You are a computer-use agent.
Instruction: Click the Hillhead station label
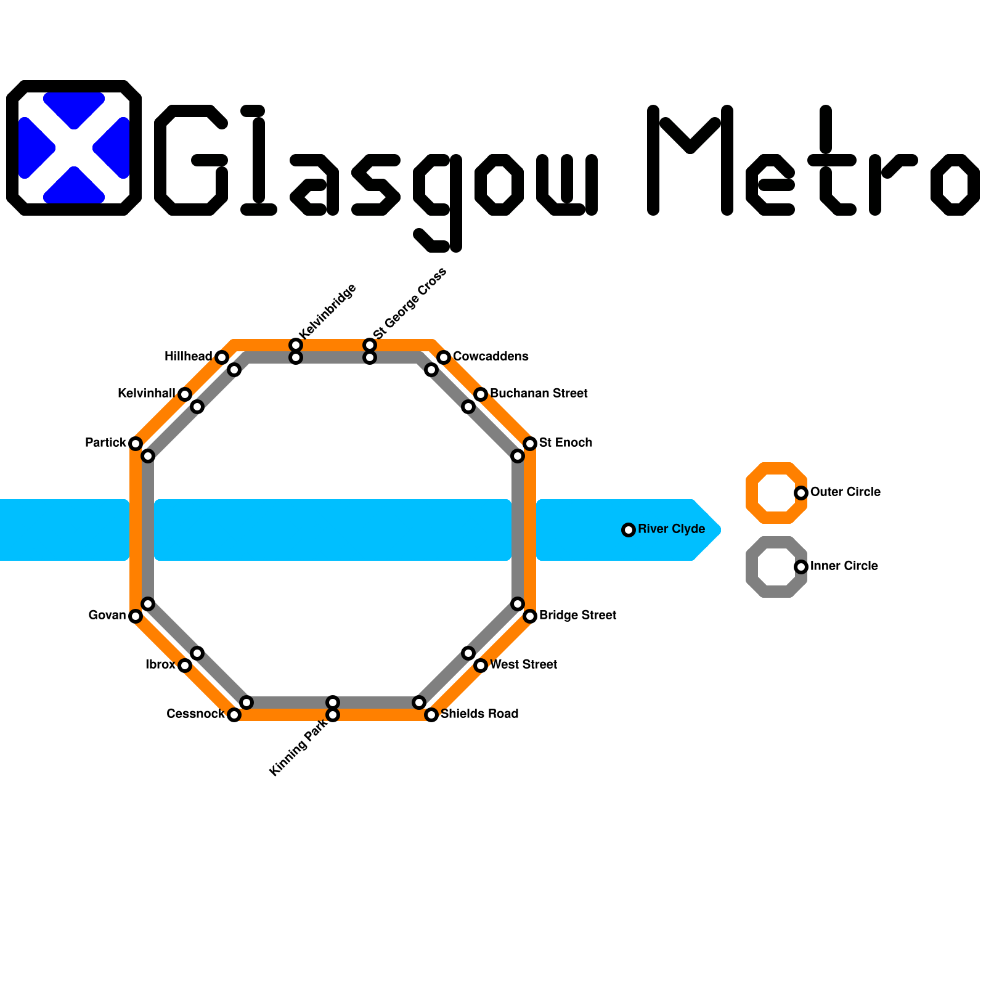188,357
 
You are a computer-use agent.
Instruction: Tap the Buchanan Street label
539,394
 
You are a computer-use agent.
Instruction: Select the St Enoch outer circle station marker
530,444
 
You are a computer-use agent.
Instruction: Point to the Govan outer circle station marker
136,616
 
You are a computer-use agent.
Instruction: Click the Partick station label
105,443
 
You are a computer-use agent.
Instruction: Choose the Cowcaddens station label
491,357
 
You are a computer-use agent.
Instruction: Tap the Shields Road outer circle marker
431,715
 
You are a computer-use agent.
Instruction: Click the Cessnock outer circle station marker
234,715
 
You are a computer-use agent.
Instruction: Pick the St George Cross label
410,303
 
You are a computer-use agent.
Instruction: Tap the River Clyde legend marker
629,530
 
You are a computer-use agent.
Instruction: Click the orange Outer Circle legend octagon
776,493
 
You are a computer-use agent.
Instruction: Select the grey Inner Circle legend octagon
776,567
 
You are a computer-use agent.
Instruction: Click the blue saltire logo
74,148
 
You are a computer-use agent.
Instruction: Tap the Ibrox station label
160,665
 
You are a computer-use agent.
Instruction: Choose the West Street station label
523,665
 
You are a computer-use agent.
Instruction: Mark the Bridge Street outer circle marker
530,616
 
